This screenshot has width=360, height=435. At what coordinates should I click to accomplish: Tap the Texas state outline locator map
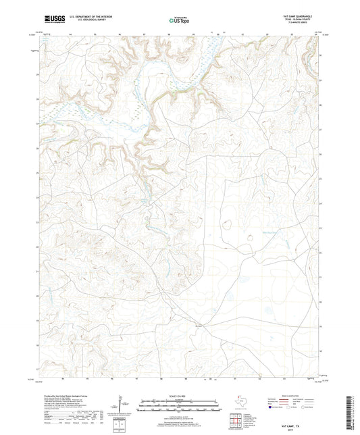pyautogui.click(x=240, y=403)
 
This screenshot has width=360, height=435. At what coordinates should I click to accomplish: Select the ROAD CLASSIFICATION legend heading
pyautogui.click(x=298, y=395)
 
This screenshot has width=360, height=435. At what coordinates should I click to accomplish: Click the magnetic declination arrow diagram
pyautogui.click(x=121, y=405)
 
